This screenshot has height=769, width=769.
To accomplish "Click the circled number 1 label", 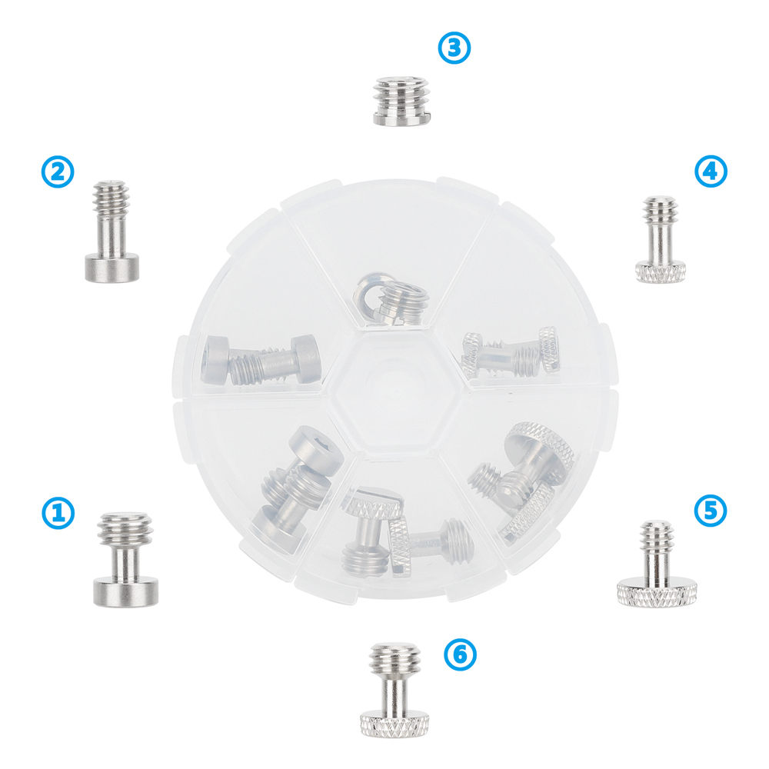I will (58, 513).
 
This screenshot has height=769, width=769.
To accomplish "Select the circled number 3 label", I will (454, 48).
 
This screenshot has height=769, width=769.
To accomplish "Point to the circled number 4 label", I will (711, 171).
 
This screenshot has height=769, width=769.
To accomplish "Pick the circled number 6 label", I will (460, 654).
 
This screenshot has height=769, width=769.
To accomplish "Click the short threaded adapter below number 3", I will (402, 100).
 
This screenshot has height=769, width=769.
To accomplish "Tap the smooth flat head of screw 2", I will (112, 268).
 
